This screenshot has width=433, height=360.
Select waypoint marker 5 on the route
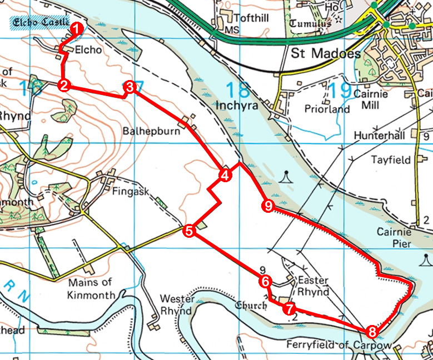tap(190, 231)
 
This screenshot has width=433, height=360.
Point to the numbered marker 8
tap(372, 332)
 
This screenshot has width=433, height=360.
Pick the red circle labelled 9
tap(268, 207)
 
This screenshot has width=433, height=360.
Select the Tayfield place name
tap(391, 160)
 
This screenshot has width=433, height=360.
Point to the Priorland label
tap(327, 109)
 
